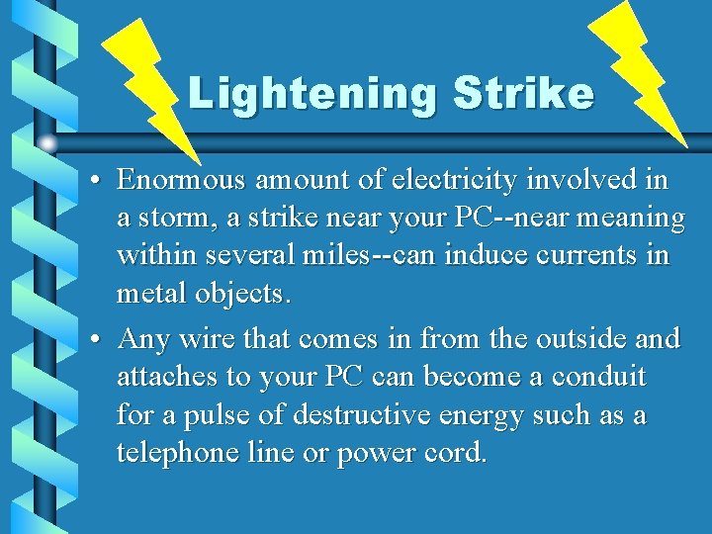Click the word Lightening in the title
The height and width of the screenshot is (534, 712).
pos(311,93)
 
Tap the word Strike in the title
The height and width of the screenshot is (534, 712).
pos(524,93)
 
